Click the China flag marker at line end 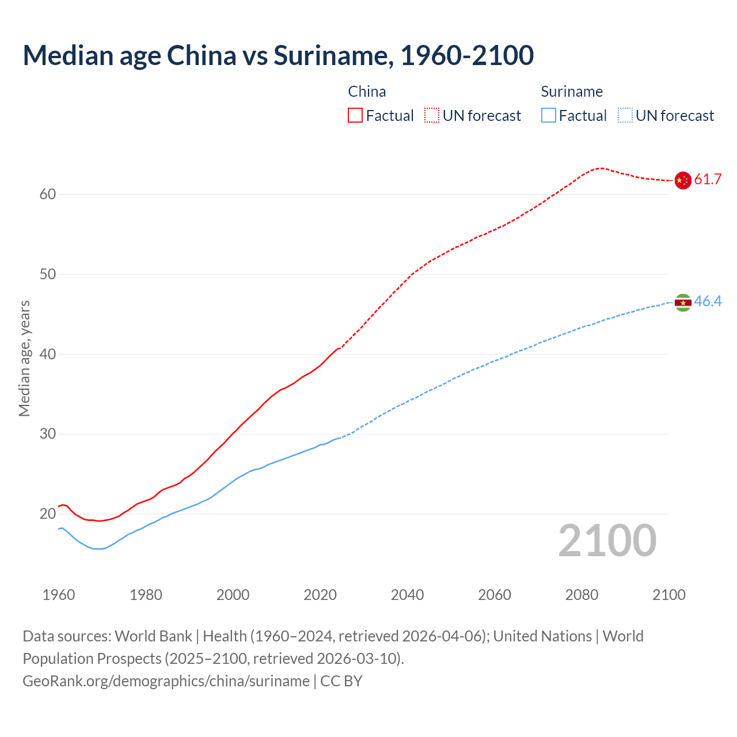click(682, 180)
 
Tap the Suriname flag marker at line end click(682, 302)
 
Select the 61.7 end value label click(708, 179)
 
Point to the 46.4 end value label click(708, 301)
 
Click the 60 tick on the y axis click(48, 195)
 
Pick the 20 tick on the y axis click(48, 514)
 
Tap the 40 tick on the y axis click(48, 354)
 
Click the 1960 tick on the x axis click(59, 595)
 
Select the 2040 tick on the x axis click(407, 595)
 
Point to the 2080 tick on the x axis click(582, 595)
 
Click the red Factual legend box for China click(355, 116)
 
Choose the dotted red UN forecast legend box click(432, 116)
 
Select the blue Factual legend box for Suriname click(548, 116)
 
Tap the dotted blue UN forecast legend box click(625, 116)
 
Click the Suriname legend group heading click(571, 92)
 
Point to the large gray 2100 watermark click(607, 540)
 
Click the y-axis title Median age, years click(24, 358)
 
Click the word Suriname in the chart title click(330, 55)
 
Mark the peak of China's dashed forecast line click(601, 168)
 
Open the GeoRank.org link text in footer click(166, 681)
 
